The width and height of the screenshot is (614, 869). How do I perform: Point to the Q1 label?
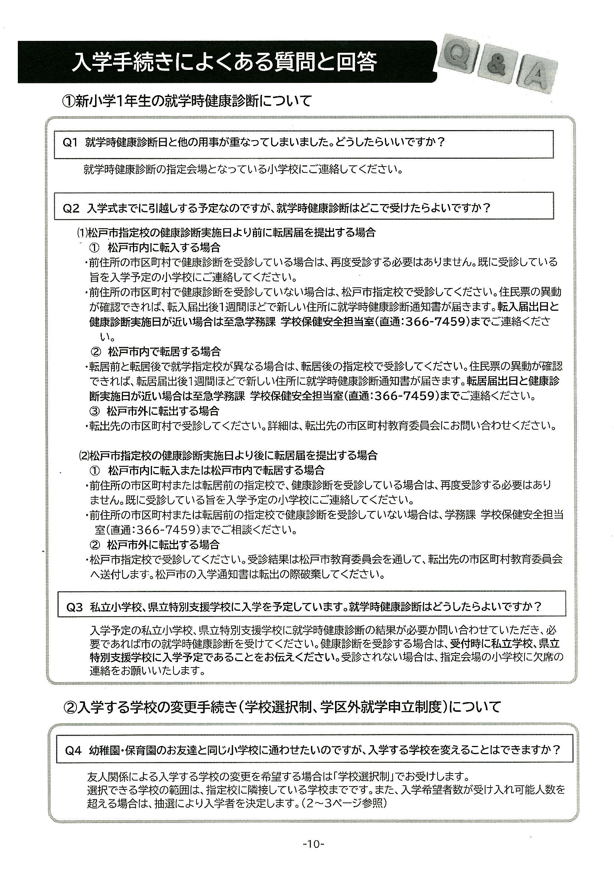tap(70, 143)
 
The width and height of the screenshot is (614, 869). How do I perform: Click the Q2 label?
tap(71, 208)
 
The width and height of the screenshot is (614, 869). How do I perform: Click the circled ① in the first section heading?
tap(68, 101)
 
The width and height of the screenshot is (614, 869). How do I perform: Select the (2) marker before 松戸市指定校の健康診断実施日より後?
tap(83, 455)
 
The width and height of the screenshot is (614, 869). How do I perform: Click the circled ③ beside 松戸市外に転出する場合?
tap(95, 411)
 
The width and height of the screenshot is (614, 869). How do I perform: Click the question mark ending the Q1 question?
tap(441, 143)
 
